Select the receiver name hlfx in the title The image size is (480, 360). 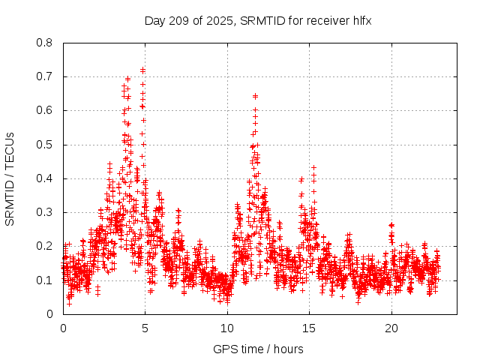[360, 20]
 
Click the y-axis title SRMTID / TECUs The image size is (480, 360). [10, 178]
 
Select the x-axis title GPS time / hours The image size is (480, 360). [258, 349]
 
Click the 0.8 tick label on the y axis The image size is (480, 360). [45, 43]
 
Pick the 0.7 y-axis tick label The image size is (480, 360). [45, 76]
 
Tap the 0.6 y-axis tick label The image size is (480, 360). [45, 110]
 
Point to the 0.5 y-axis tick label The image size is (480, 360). [45, 145]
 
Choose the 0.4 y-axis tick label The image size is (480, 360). [45, 178]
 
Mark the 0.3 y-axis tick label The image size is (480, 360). [45, 212]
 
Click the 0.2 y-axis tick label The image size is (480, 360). [45, 246]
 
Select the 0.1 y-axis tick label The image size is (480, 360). [45, 280]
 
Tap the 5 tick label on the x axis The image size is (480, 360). [145, 328]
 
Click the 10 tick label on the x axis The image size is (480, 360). [227, 328]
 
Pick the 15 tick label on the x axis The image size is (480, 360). [309, 328]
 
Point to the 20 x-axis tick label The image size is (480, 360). [391, 328]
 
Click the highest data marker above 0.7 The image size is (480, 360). [142, 70]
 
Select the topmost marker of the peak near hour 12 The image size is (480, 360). [255, 96]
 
